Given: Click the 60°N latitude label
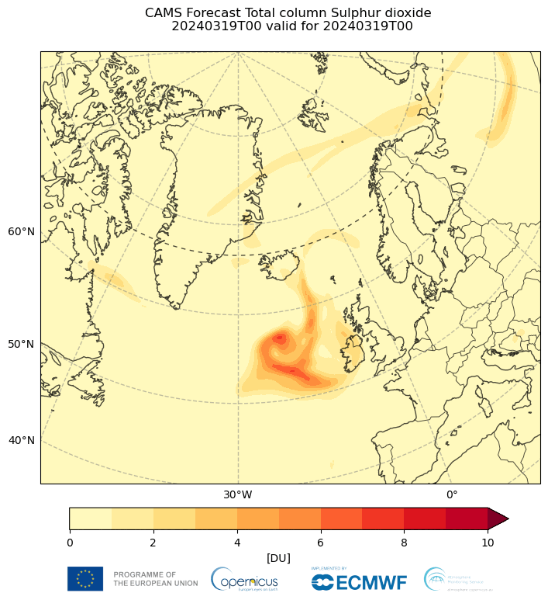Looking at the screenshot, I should (21, 231).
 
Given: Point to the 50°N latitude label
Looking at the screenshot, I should (21, 344).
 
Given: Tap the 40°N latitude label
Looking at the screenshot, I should (21, 440).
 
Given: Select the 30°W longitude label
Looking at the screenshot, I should (237, 494).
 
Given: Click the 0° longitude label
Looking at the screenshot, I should (451, 494).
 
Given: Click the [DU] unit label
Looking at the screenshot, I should (278, 558).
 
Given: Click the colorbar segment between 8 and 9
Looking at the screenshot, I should (425, 518).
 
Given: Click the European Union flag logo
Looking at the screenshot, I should (85, 579).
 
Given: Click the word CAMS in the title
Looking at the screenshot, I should (162, 13).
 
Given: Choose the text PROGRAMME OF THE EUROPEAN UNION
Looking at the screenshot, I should (145, 579).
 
